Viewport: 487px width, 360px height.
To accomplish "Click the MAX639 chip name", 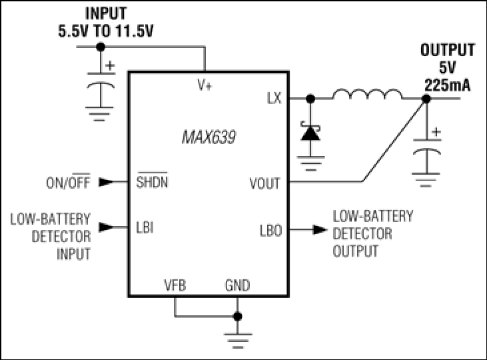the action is (209, 137).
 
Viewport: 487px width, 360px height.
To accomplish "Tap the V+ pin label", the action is (205, 85).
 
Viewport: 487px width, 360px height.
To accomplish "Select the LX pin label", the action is (274, 98).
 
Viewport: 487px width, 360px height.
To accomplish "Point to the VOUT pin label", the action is (264, 183).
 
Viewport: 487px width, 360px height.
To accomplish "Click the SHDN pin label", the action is (152, 181).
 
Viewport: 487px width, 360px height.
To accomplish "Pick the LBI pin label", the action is (145, 227).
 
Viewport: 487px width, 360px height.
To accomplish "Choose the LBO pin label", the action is (271, 231).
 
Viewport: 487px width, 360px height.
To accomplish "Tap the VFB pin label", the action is (175, 285).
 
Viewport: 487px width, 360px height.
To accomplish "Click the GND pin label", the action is (238, 285).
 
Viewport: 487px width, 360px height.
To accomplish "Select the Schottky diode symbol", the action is (310, 133).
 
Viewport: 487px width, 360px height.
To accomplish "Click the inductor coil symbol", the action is (367, 94).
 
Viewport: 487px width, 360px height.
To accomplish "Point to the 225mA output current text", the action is (447, 85).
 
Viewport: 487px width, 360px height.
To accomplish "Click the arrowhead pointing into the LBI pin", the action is (106, 227).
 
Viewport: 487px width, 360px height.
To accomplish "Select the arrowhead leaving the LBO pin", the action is (320, 230).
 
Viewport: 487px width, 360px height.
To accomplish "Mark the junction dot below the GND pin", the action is (238, 317).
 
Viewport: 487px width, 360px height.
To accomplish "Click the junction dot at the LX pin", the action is (310, 99).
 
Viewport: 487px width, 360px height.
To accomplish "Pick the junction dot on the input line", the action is (101, 47).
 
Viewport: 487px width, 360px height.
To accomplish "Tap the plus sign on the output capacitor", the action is (436, 132).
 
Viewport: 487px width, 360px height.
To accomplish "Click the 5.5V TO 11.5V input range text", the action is (106, 31).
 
